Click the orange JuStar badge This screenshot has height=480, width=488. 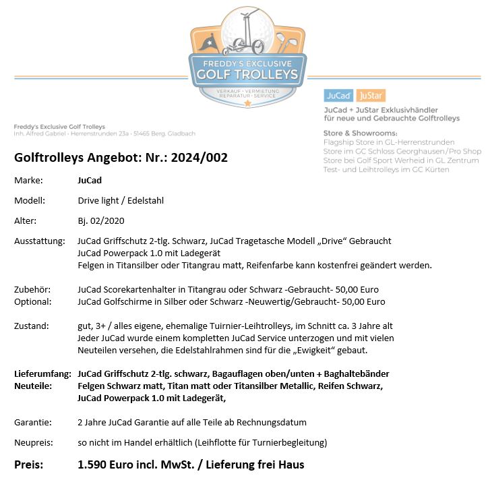click(x=370, y=96)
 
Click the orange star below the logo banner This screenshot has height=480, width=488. click(x=247, y=103)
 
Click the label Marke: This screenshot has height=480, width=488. click(x=29, y=180)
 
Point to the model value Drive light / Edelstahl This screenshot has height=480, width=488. click(x=121, y=200)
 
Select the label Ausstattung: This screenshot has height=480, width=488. click(x=40, y=241)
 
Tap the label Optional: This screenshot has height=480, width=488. click(x=32, y=301)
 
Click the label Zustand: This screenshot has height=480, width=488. click(x=31, y=326)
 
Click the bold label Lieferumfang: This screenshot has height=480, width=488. click(x=42, y=373)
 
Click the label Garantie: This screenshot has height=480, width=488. click(x=33, y=422)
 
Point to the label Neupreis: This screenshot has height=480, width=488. click(x=34, y=442)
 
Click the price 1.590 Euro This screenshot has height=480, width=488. click(x=111, y=464)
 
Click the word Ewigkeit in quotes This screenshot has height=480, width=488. click(x=324, y=350)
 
